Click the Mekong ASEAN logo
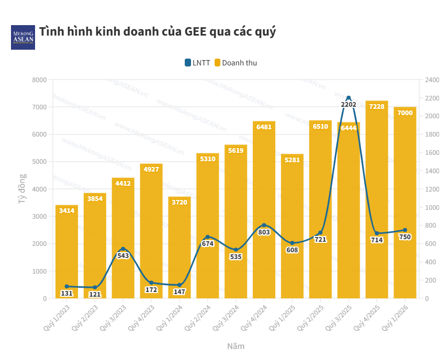coord(23,37)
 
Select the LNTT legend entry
coord(197,63)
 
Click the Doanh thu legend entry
coord(236,63)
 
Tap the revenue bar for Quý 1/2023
coord(66,251)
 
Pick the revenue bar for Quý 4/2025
coord(377,199)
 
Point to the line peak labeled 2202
coord(349,98)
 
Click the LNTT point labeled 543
coord(123,249)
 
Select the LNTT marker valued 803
coord(264,225)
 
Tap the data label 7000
coord(405,113)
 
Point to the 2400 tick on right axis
coord(432,80)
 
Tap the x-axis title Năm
coord(236,346)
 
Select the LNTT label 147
coord(180,292)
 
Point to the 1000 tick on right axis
coord(432,207)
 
